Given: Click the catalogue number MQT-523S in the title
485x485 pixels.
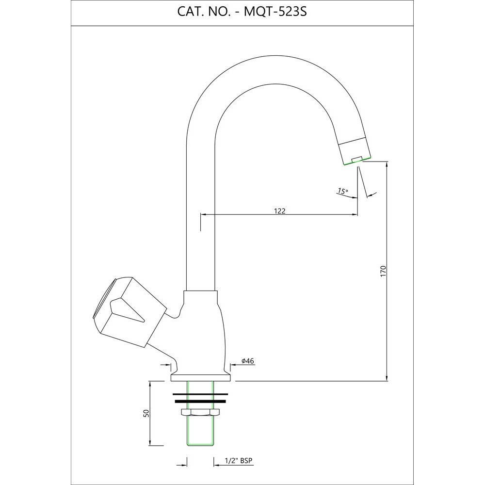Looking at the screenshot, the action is (x=275, y=12).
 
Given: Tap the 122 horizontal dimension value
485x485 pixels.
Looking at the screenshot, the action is (x=280, y=211).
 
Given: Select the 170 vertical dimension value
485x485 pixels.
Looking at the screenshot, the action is (x=384, y=271).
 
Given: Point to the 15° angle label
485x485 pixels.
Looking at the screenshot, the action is (x=342, y=191).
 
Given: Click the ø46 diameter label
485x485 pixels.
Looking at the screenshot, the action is (x=248, y=361).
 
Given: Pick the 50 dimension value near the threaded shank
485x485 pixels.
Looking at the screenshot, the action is (x=146, y=413).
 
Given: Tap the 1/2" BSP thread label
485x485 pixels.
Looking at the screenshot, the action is (x=239, y=461).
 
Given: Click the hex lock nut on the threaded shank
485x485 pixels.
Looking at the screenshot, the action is (x=201, y=412).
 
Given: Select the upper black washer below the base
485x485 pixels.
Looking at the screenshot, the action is (x=200, y=394).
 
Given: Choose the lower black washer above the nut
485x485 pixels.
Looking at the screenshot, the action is (x=200, y=402).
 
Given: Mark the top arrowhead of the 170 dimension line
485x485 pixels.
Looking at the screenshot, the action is (x=387, y=164).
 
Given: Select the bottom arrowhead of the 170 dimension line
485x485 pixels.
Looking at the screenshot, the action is (x=387, y=378).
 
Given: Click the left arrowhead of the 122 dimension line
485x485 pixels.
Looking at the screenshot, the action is (x=204, y=214).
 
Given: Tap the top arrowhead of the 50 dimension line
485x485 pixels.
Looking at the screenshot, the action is (x=150, y=384).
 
